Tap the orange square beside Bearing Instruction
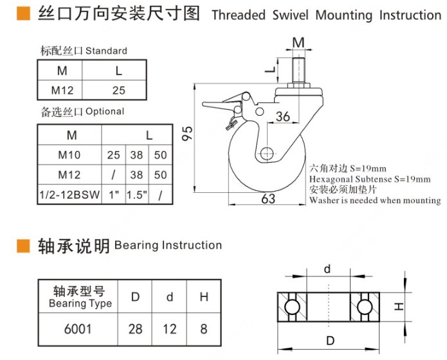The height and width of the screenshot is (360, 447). (23, 246)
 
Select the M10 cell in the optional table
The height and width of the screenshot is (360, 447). (68, 155)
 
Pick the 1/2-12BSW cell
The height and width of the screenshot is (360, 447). (69, 195)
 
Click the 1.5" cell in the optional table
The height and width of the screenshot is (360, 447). (136, 195)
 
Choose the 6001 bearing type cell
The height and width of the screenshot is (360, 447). (78, 330)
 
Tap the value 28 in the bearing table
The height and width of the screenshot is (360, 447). (135, 330)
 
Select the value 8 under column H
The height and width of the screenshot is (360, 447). (204, 330)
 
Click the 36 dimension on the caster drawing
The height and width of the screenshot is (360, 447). (283, 116)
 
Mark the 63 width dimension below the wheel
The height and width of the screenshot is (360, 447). (268, 199)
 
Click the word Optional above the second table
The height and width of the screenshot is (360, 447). (104, 111)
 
